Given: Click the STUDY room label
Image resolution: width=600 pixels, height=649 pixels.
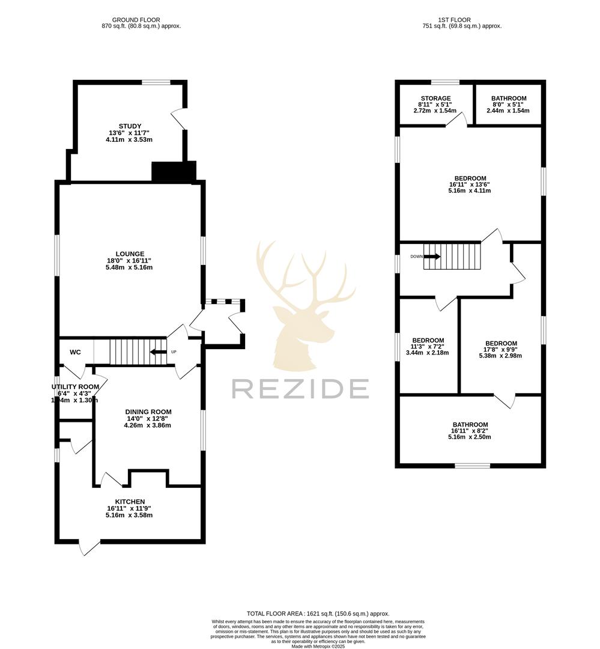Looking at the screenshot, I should click(x=129, y=126).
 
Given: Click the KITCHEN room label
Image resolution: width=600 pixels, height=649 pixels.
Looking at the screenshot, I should click(x=130, y=501).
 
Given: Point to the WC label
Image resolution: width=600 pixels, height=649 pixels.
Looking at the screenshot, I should click(x=76, y=352).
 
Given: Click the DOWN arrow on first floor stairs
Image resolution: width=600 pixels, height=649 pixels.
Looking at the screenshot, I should click(x=432, y=257).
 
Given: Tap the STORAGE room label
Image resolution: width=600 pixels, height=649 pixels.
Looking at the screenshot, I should click(x=435, y=99).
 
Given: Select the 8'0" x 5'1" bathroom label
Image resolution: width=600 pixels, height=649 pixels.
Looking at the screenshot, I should click(x=508, y=99).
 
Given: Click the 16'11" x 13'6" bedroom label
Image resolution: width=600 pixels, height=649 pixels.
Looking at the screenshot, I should click(x=470, y=178).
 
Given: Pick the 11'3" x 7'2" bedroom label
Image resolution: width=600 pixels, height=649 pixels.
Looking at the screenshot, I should click(x=428, y=340).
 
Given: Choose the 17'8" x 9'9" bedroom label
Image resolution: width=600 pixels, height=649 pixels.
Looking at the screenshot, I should click(x=500, y=344).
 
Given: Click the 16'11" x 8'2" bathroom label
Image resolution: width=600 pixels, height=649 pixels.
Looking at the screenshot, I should click(x=470, y=424).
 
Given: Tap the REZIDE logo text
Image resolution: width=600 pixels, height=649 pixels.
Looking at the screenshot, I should click(x=300, y=389).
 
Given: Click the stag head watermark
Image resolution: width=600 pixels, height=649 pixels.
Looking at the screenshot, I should click(x=297, y=306).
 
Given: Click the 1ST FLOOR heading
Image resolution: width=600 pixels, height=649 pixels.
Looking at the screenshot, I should click(x=462, y=20).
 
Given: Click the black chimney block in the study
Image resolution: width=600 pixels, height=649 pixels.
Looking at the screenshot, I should click(x=174, y=172).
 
